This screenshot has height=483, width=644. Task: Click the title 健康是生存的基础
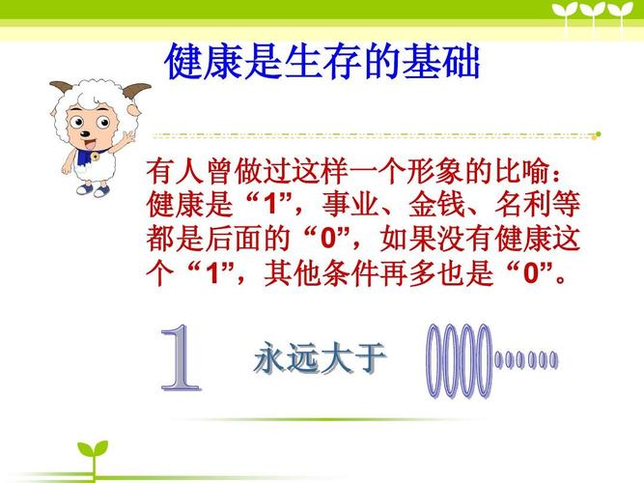click(x=322, y=62)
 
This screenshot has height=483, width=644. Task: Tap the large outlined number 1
click(x=181, y=359)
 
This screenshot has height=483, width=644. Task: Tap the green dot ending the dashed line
click(x=598, y=134)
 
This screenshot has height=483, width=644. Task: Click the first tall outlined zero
click(x=435, y=360)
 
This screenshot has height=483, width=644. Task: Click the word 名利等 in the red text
click(x=529, y=206)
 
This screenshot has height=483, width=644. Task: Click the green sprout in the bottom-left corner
click(x=94, y=457)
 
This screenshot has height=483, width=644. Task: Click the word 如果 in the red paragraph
click(x=412, y=239)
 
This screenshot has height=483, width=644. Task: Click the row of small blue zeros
click(x=526, y=360)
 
